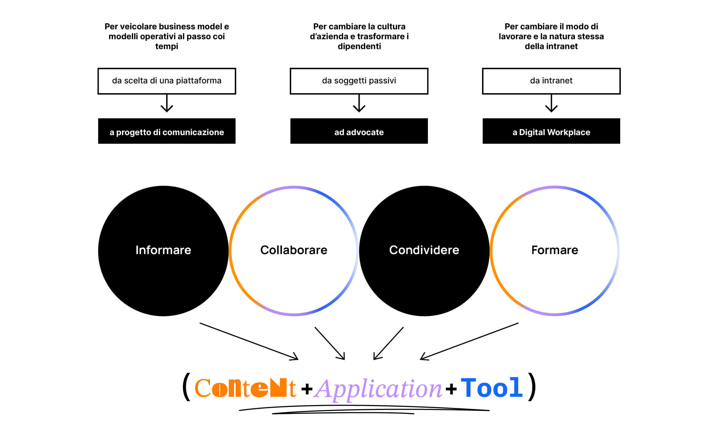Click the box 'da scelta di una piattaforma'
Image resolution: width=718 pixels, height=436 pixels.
click(167, 81)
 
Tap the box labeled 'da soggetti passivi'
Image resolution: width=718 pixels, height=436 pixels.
click(359, 81)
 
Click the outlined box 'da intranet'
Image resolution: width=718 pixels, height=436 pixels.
click(551, 81)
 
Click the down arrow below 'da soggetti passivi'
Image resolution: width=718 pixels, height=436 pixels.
click(359, 104)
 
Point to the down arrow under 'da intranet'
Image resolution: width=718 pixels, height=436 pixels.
click(551, 104)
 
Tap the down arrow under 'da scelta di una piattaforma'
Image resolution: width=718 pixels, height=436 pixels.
click(167, 104)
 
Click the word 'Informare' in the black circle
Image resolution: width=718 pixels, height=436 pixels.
click(163, 250)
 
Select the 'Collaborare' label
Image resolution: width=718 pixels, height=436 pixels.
click(294, 250)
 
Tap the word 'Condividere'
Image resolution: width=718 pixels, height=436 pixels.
click(424, 250)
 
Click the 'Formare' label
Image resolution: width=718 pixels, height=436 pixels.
click(554, 250)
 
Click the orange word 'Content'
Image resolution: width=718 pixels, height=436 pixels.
click(245, 388)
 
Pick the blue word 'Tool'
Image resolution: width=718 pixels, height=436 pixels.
click(492, 388)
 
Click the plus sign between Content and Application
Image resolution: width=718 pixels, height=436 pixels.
click(307, 389)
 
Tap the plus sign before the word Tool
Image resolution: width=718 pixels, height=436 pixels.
click(451, 389)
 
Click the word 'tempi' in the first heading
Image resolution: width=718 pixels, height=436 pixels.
click(167, 46)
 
